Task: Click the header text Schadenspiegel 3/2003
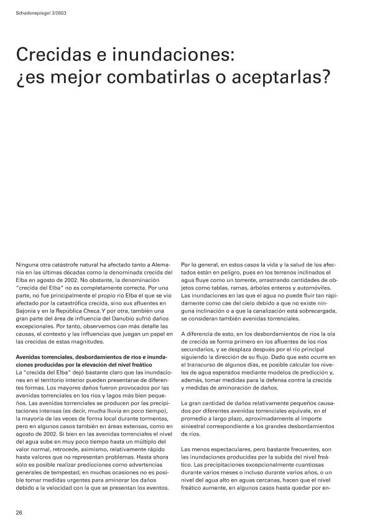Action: pos(41,13)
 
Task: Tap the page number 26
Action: pos(19,512)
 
